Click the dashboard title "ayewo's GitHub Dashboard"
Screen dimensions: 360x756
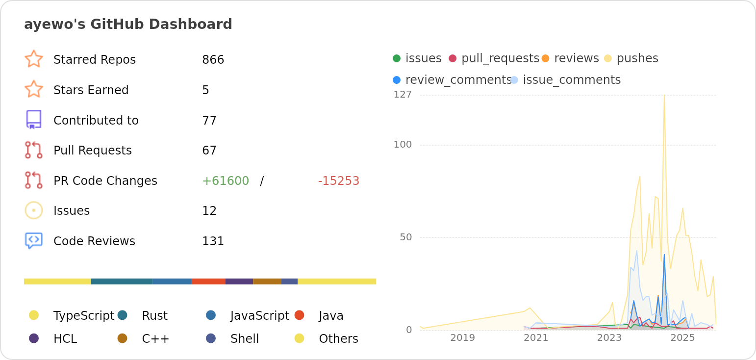128,25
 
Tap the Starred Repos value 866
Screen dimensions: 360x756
213,60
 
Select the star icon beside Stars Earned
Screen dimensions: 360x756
34,90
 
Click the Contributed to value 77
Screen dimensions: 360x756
209,121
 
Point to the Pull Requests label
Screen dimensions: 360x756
92,151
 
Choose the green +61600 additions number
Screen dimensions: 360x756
226,181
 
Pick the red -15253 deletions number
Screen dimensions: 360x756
338,181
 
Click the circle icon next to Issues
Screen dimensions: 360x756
34,210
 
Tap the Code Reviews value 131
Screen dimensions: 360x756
213,241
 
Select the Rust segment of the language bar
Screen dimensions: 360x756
122,282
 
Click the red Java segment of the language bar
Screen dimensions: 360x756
208,282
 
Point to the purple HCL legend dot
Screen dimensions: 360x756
34,338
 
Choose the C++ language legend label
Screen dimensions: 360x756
155,339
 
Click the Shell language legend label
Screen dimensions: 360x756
244,339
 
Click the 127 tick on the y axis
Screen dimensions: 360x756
403,95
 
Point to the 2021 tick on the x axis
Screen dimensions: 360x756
536,338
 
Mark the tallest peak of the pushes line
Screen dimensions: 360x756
664,95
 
